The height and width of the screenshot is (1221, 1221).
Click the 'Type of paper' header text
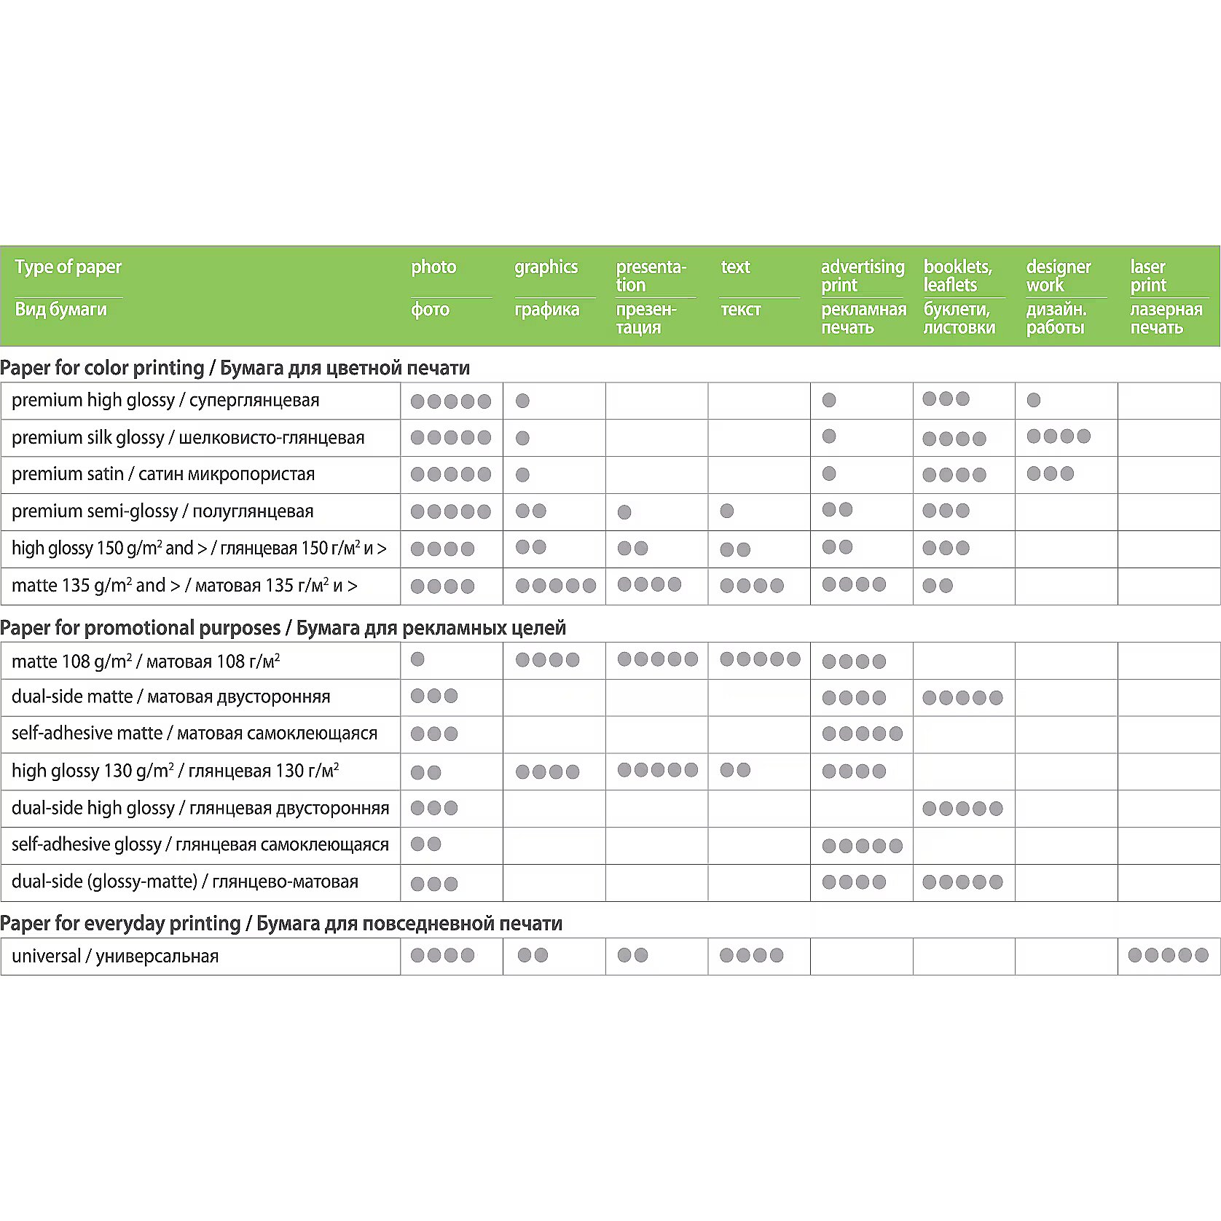[x=68, y=267]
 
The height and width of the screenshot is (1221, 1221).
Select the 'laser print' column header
[x=1148, y=276]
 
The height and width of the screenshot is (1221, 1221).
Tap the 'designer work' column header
[x=1058, y=276]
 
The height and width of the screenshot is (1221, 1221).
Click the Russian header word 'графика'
[x=546, y=310]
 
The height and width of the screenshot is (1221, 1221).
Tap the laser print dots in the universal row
[x=1168, y=955]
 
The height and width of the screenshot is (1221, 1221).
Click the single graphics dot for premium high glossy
[x=522, y=401]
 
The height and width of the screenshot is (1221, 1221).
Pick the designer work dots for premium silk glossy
[x=1058, y=436]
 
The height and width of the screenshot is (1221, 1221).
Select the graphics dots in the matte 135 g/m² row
[x=555, y=586]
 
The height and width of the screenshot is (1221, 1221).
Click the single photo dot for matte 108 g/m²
[x=417, y=659]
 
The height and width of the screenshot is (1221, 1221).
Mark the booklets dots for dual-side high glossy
[x=962, y=808]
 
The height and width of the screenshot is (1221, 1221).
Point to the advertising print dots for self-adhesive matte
[x=862, y=734]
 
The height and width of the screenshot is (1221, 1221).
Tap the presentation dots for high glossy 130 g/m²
[x=657, y=770]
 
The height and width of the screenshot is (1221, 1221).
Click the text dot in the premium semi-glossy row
[x=726, y=511]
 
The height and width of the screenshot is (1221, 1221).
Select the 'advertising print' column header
[x=862, y=276]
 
